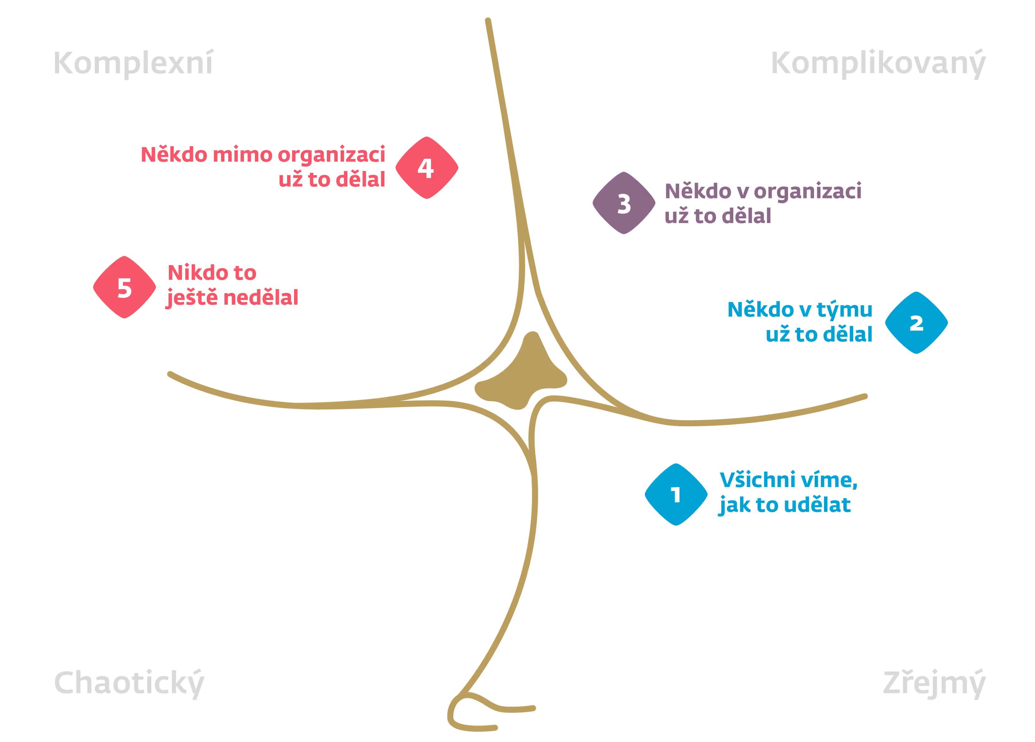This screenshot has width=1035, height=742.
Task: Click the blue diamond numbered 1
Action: click(676, 494)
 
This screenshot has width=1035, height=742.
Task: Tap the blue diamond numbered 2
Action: click(916, 323)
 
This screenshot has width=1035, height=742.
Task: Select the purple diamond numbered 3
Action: click(624, 203)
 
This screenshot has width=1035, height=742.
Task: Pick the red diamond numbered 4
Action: click(427, 168)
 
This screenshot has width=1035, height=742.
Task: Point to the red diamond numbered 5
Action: click(125, 287)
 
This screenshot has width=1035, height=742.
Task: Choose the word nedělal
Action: click(261, 298)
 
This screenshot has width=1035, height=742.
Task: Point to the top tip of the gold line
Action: click(488, 21)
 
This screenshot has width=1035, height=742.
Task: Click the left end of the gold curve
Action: click(170, 374)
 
